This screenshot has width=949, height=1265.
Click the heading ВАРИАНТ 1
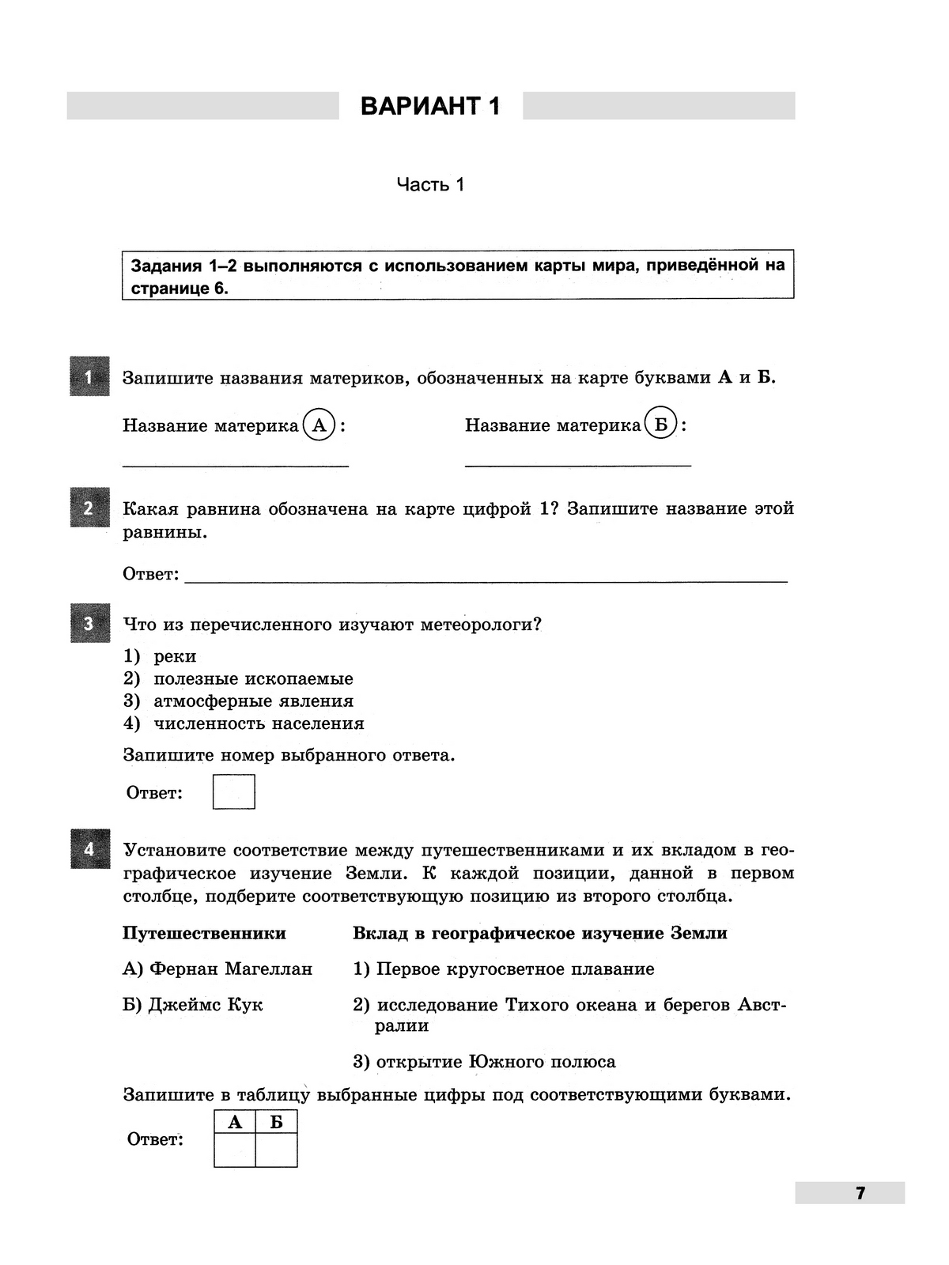[x=430, y=106]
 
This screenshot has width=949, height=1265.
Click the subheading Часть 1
[x=430, y=185]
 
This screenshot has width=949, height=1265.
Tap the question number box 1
[x=89, y=377]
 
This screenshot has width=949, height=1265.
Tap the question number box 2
[x=89, y=508]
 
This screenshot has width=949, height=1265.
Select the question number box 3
[x=89, y=624]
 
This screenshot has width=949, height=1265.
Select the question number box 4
[x=89, y=849]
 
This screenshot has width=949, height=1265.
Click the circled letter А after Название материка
[x=319, y=425]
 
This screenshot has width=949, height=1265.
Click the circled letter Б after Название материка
[x=661, y=425]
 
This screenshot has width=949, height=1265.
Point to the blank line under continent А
[x=236, y=465]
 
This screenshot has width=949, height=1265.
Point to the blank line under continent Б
[x=578, y=465]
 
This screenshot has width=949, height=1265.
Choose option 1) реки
[x=175, y=656]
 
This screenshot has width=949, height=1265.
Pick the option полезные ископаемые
[x=253, y=678]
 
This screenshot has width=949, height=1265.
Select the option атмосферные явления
[x=253, y=701]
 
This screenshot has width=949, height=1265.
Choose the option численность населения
[x=259, y=723]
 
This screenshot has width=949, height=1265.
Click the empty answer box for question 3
[x=234, y=791]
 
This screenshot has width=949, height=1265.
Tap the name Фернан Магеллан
[x=230, y=969]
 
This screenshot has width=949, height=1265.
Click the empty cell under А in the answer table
[x=235, y=1150]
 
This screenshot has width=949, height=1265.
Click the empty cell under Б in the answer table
[x=276, y=1150]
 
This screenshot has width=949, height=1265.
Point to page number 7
[x=860, y=1193]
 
